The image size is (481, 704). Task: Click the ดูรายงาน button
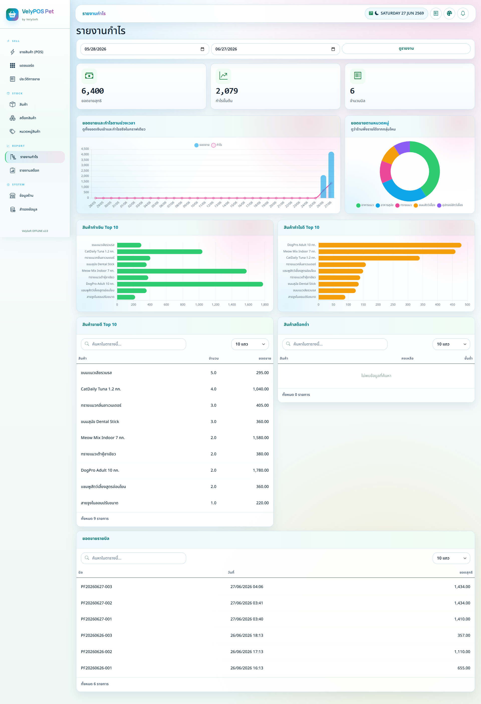coord(406,48)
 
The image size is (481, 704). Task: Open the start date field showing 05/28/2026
coord(145,49)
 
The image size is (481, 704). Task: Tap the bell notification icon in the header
coord(463,13)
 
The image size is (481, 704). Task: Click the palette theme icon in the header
coord(449,13)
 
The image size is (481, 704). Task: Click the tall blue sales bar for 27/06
coord(331,175)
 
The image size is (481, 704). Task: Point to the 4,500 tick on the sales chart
coord(85,149)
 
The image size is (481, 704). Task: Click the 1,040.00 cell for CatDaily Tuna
coord(261,389)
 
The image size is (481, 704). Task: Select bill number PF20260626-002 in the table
coord(96,652)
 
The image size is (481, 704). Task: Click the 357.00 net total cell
coord(464,635)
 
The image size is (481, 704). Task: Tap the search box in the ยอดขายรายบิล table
coord(134,558)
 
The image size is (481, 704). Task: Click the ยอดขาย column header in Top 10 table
coord(265,358)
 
